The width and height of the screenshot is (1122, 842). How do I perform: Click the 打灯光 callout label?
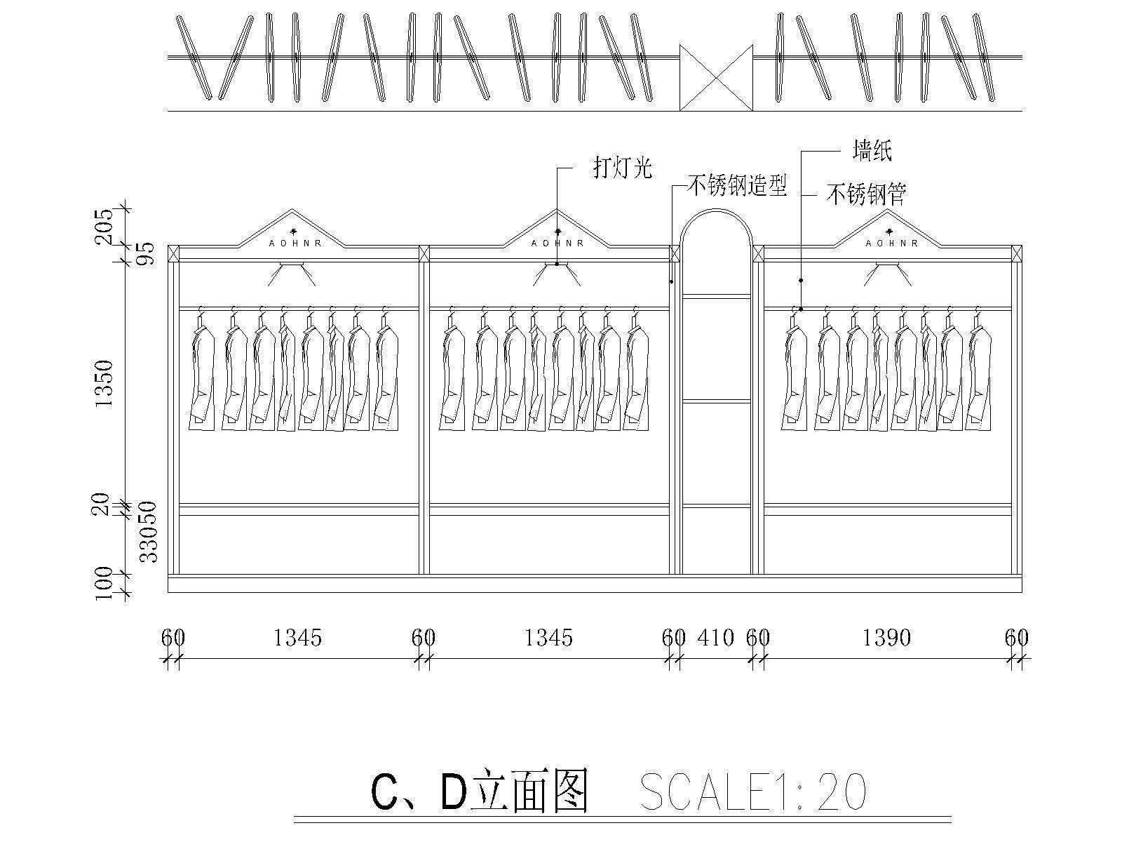point(623,168)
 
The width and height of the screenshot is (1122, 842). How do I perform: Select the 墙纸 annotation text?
point(872,150)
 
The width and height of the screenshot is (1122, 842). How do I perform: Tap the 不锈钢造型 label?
point(736,186)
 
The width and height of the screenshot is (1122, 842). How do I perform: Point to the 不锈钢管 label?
point(867,194)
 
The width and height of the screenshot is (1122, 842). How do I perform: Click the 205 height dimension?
point(104,226)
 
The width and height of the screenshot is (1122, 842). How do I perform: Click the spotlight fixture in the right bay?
point(888,265)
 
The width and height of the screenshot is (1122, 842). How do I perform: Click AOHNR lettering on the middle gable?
point(557,243)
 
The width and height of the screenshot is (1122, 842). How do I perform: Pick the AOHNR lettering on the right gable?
point(891,243)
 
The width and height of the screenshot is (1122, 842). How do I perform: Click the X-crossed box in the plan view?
point(716,78)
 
